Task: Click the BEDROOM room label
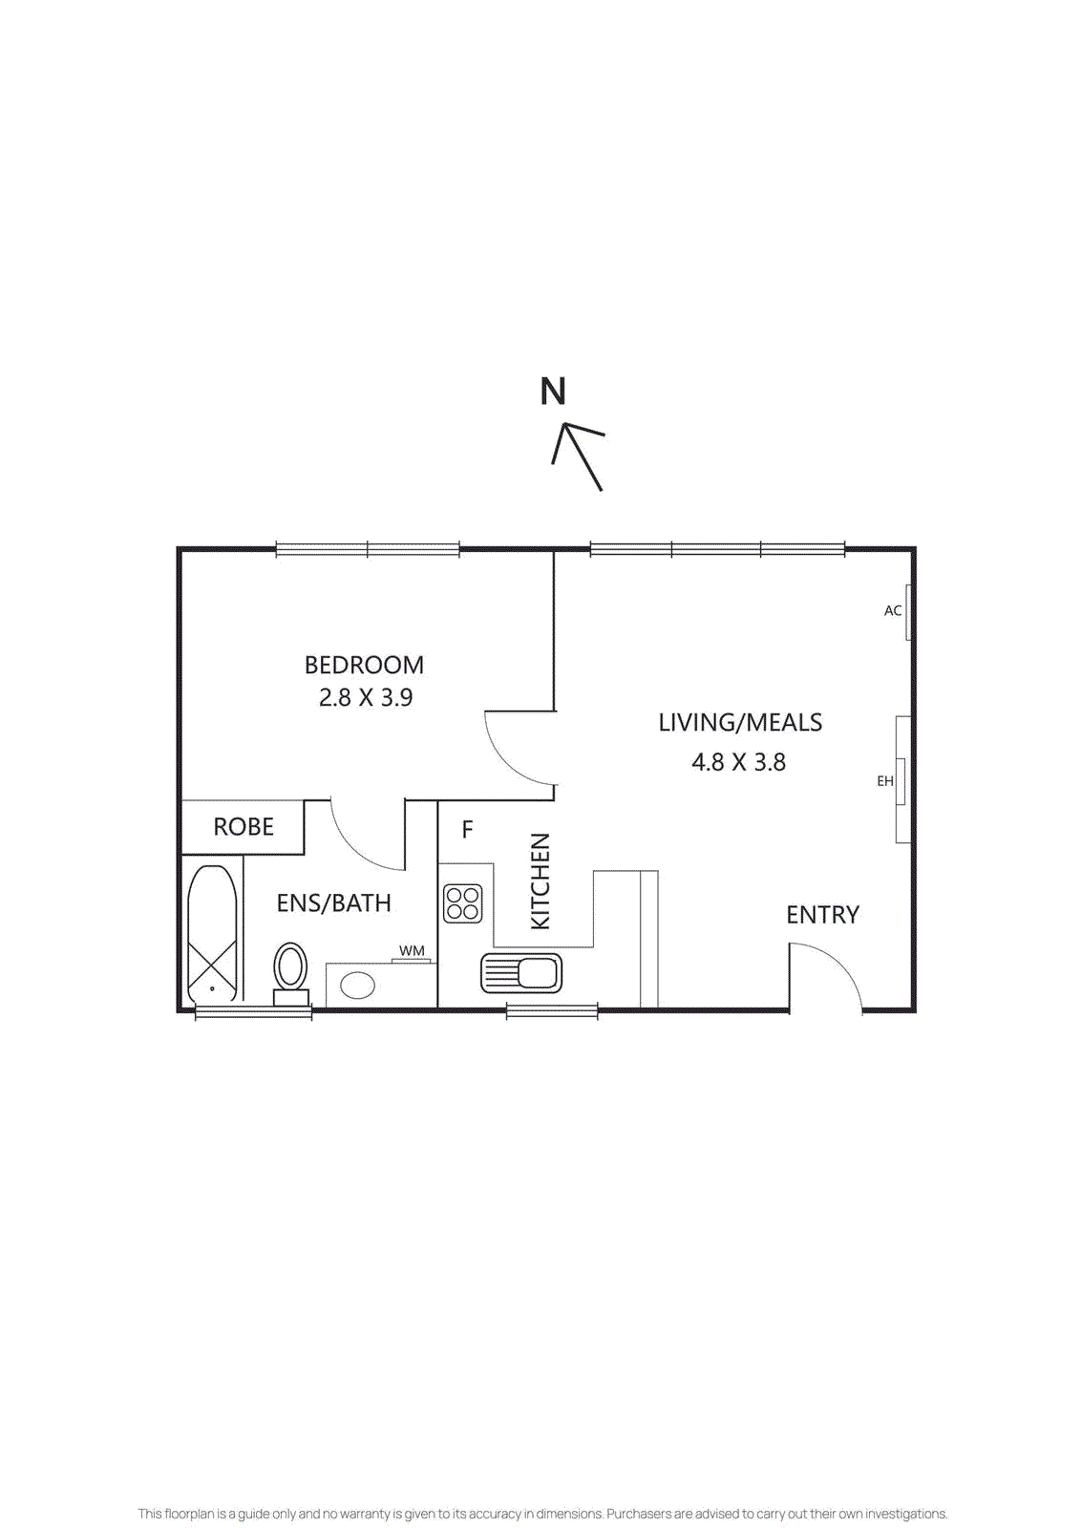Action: (x=364, y=665)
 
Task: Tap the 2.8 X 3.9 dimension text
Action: (x=366, y=698)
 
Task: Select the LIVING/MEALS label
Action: (x=740, y=723)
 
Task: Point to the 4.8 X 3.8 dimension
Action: (x=738, y=762)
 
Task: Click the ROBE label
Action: (x=244, y=827)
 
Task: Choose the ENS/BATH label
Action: (x=333, y=903)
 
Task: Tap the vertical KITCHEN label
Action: (x=540, y=881)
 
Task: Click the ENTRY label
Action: (x=822, y=915)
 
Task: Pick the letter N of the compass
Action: (x=553, y=392)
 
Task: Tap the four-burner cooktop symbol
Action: (x=463, y=903)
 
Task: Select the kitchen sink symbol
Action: (x=521, y=973)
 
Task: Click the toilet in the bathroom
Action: (x=291, y=971)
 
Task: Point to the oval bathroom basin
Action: (x=358, y=985)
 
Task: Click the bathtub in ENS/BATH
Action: (x=212, y=933)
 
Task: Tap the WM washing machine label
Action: (x=412, y=951)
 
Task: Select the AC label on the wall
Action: (x=893, y=611)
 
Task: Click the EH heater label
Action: (x=885, y=781)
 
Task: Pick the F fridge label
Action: (x=467, y=830)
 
